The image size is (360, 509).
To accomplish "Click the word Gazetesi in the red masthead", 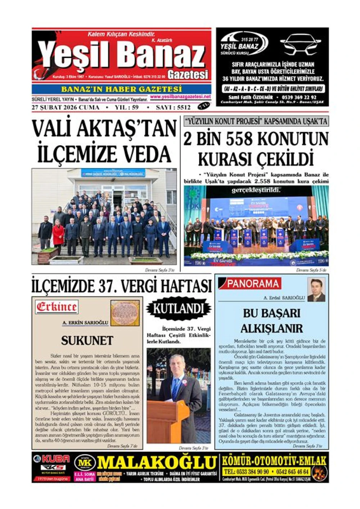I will coord(188,75).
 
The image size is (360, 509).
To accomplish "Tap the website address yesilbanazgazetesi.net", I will coord(180,97).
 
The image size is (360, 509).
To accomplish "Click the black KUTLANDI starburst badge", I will coord(179,309).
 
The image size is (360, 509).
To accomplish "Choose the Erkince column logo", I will coord(57,307).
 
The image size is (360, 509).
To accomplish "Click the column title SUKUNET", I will coord(87,340).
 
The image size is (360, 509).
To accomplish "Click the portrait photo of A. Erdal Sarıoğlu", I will coord(316,290).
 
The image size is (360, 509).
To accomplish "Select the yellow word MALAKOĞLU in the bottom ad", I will coord(156,463).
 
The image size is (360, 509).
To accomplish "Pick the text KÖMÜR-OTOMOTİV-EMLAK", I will coord(274,460).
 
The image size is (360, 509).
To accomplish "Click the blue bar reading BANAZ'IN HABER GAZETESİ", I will coord(121,89).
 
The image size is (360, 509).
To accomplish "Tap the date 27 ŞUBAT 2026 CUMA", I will coord(66,107).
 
